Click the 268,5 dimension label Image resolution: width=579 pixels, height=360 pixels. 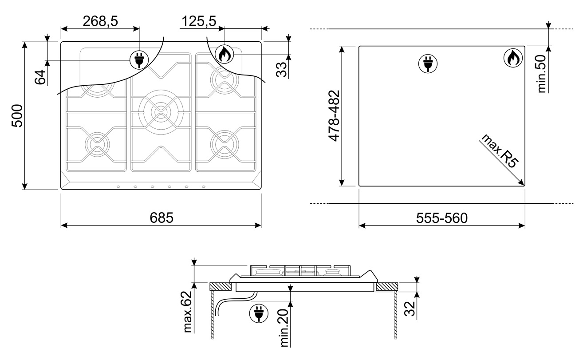pyautogui.click(x=100, y=21)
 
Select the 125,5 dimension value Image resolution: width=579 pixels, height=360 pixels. pyautogui.click(x=199, y=21)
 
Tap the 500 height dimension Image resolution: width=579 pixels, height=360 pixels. pyautogui.click(x=17, y=115)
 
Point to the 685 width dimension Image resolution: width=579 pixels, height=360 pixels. pyautogui.click(x=161, y=218)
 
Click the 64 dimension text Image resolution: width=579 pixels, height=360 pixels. pyautogui.click(x=40, y=77)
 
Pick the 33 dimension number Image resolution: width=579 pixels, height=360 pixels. pyautogui.click(x=281, y=70)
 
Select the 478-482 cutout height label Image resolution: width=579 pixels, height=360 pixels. pyautogui.click(x=334, y=115)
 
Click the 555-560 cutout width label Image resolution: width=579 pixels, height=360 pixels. pyautogui.click(x=442, y=218)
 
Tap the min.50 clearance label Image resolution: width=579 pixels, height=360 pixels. pyautogui.click(x=542, y=74)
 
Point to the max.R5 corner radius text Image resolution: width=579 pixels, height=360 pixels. pyautogui.click(x=499, y=151)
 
